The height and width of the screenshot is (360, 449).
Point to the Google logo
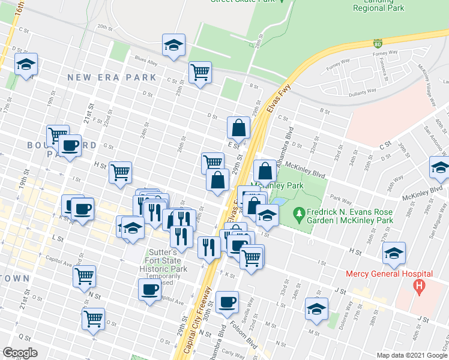(20, 353)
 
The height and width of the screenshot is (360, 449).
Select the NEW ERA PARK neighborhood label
(112, 77)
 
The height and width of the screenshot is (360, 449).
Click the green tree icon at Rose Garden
(298, 213)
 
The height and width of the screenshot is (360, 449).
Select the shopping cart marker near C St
(200, 73)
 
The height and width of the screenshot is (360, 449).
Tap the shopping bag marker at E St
(238, 127)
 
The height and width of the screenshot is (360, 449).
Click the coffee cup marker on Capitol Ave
(149, 290)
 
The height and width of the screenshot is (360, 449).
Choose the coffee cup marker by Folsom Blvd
(227, 302)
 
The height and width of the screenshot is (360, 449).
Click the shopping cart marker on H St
(120, 172)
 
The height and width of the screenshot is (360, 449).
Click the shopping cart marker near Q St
(93, 319)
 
